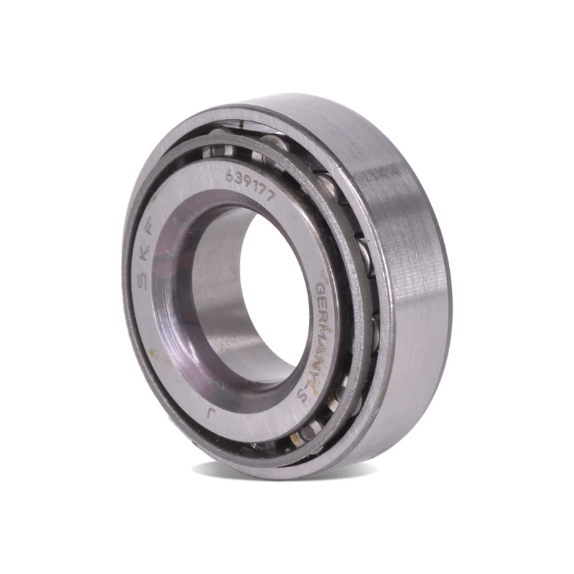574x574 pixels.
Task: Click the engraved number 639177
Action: pos(250,187)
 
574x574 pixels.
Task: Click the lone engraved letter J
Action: pos(210,414)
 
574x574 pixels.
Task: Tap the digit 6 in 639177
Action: pos(229,177)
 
